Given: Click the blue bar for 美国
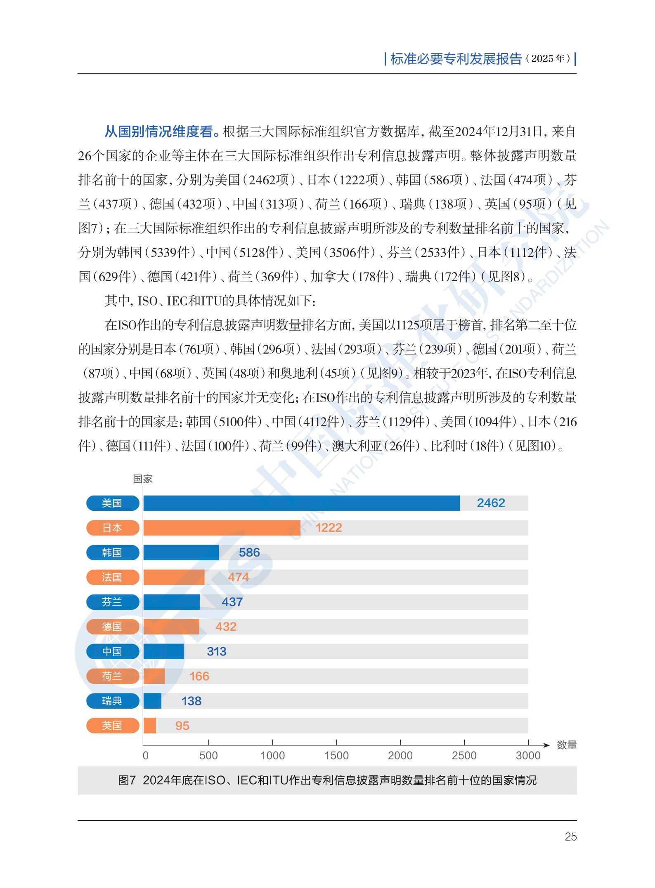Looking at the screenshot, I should [301, 503].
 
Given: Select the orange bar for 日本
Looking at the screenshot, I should [222, 528].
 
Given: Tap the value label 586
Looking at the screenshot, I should [249, 552].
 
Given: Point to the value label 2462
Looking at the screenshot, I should [491, 503].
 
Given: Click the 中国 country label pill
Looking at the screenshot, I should [113, 651].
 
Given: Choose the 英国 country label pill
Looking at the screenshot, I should [113, 726].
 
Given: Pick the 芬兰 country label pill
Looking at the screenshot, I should [113, 602].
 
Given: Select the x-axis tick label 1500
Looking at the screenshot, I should [336, 756].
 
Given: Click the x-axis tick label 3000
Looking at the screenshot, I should [528, 756].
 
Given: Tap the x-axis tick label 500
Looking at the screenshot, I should [208, 756].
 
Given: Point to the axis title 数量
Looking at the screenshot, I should [566, 745].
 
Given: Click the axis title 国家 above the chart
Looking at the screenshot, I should [143, 479].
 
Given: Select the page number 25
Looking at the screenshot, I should [570, 836].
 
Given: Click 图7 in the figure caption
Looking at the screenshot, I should [127, 780].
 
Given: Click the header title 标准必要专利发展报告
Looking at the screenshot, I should [456, 59].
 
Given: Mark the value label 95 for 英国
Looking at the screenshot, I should [182, 726].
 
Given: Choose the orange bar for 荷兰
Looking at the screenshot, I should [154, 676].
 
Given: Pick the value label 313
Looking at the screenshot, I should [216, 651].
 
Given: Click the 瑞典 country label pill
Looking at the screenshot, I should [113, 701].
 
